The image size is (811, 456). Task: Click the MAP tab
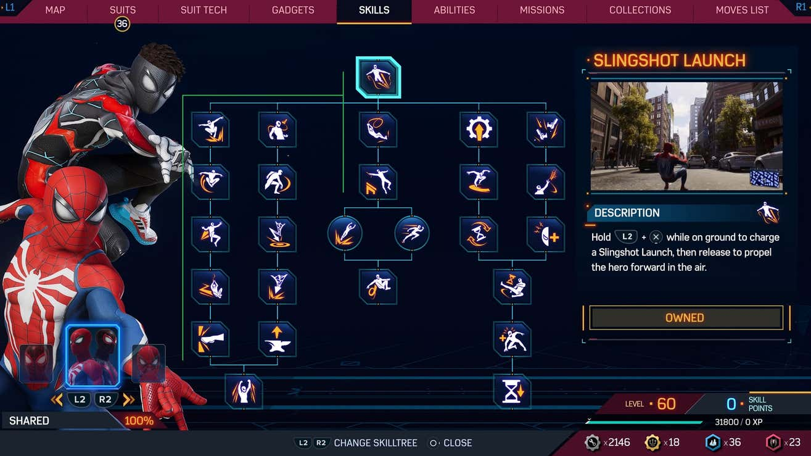coord(55,10)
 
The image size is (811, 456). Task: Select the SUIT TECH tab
coord(204,10)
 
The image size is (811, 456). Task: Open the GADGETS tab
coord(293,10)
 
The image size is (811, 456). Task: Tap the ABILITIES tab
coord(454,10)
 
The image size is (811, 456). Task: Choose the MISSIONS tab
coord(541,10)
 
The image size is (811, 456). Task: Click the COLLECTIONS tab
coord(640,10)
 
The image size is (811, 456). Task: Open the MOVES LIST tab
coord(742,10)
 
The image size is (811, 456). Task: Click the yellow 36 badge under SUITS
coord(122,24)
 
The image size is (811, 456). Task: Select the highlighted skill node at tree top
coord(378,77)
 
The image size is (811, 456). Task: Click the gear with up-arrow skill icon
coord(479,130)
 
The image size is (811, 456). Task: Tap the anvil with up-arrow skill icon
coord(277,339)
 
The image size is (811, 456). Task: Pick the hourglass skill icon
coord(513,391)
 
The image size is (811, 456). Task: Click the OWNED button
coord(685,318)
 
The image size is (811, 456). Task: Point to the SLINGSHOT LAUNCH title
coord(669,60)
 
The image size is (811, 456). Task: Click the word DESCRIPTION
coord(627,213)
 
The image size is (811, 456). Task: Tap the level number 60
coord(666,404)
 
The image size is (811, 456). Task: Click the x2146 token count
coord(617,442)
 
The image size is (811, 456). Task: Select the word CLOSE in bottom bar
coord(458,443)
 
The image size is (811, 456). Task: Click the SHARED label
coord(29,421)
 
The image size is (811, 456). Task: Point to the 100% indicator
coord(139,421)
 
